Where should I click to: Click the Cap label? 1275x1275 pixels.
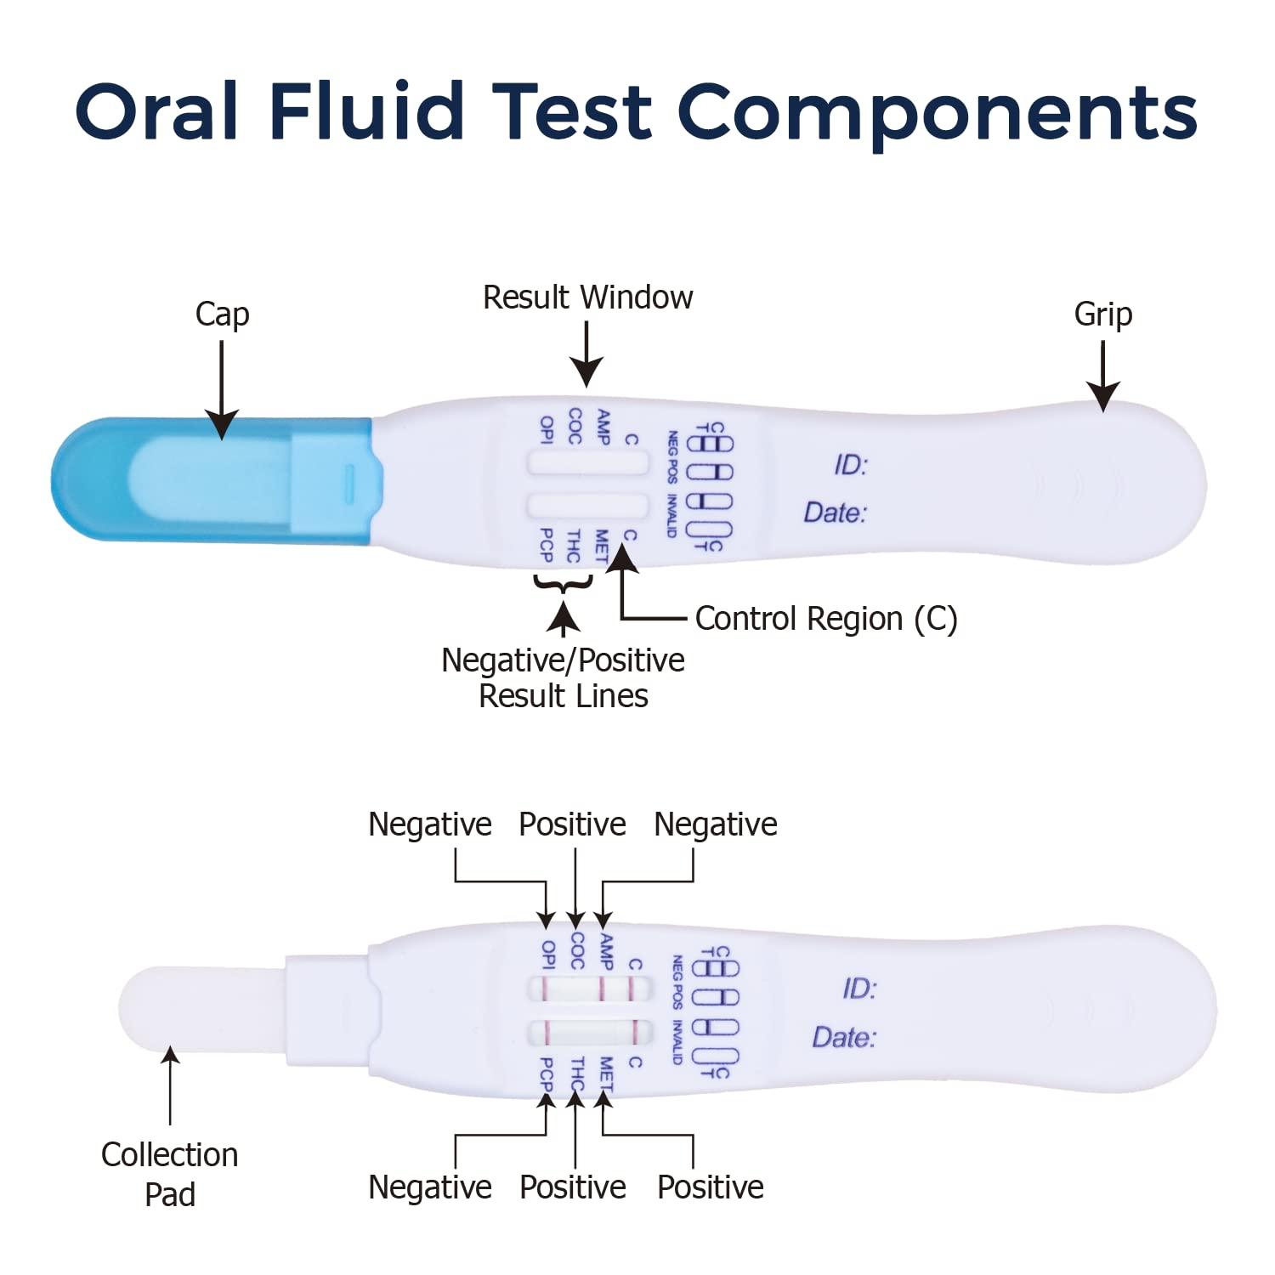222,314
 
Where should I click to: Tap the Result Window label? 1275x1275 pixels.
587,297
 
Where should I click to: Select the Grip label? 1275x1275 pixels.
1102,314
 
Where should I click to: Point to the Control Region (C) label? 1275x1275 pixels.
825,619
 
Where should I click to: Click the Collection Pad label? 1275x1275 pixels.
170,1174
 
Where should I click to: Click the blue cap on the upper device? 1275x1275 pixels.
212,479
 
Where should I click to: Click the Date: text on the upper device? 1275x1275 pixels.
835,513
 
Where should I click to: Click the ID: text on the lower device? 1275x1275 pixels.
858,989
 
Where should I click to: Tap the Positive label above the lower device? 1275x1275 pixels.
572,824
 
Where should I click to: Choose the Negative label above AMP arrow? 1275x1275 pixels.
715,824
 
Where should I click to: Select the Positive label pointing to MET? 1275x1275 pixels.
710,1187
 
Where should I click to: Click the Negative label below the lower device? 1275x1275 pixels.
429,1187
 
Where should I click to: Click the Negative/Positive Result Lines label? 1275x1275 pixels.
563,677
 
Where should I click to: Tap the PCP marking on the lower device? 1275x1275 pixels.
546,1074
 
